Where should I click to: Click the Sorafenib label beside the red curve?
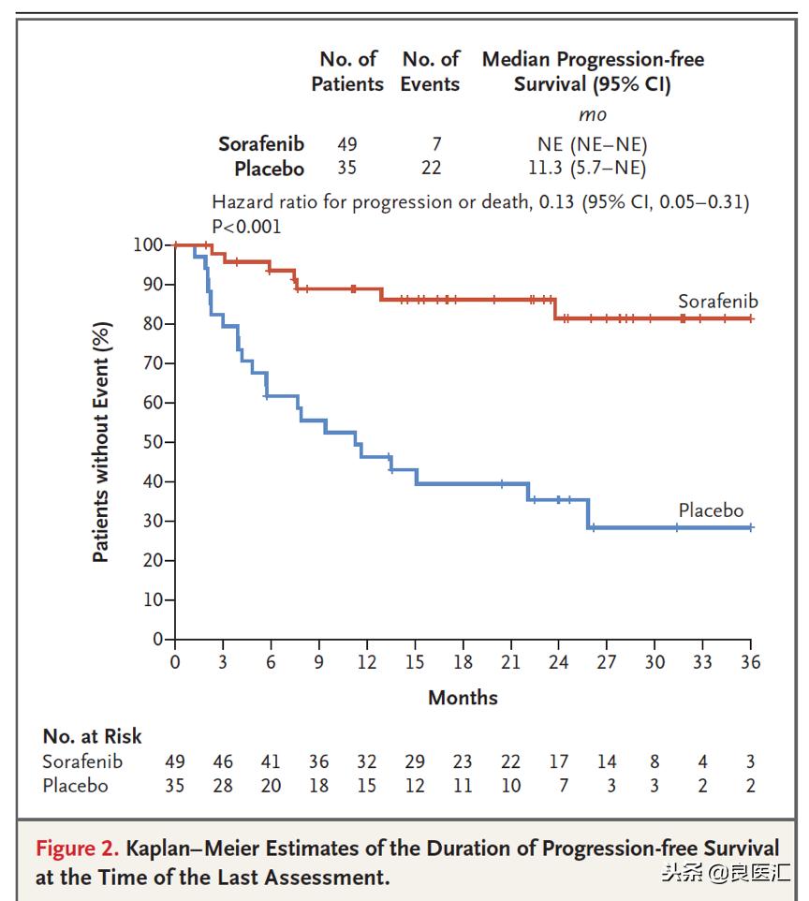pos(717,302)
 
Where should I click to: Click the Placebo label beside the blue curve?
pos(711,510)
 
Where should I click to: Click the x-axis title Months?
pos(463,697)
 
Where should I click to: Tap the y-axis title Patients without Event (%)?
pos(101,442)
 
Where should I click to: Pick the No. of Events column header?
pos(431,71)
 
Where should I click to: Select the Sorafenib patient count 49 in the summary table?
pos(347,144)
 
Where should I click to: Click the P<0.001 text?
pos(246,226)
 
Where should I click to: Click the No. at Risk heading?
pos(93,736)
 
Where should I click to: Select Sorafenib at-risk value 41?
pos(271,761)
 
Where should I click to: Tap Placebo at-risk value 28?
pos(223,786)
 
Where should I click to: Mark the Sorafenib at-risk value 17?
pos(558,761)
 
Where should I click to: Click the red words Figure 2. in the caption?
pos(78,849)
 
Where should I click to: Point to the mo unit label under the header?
pos(592,115)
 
